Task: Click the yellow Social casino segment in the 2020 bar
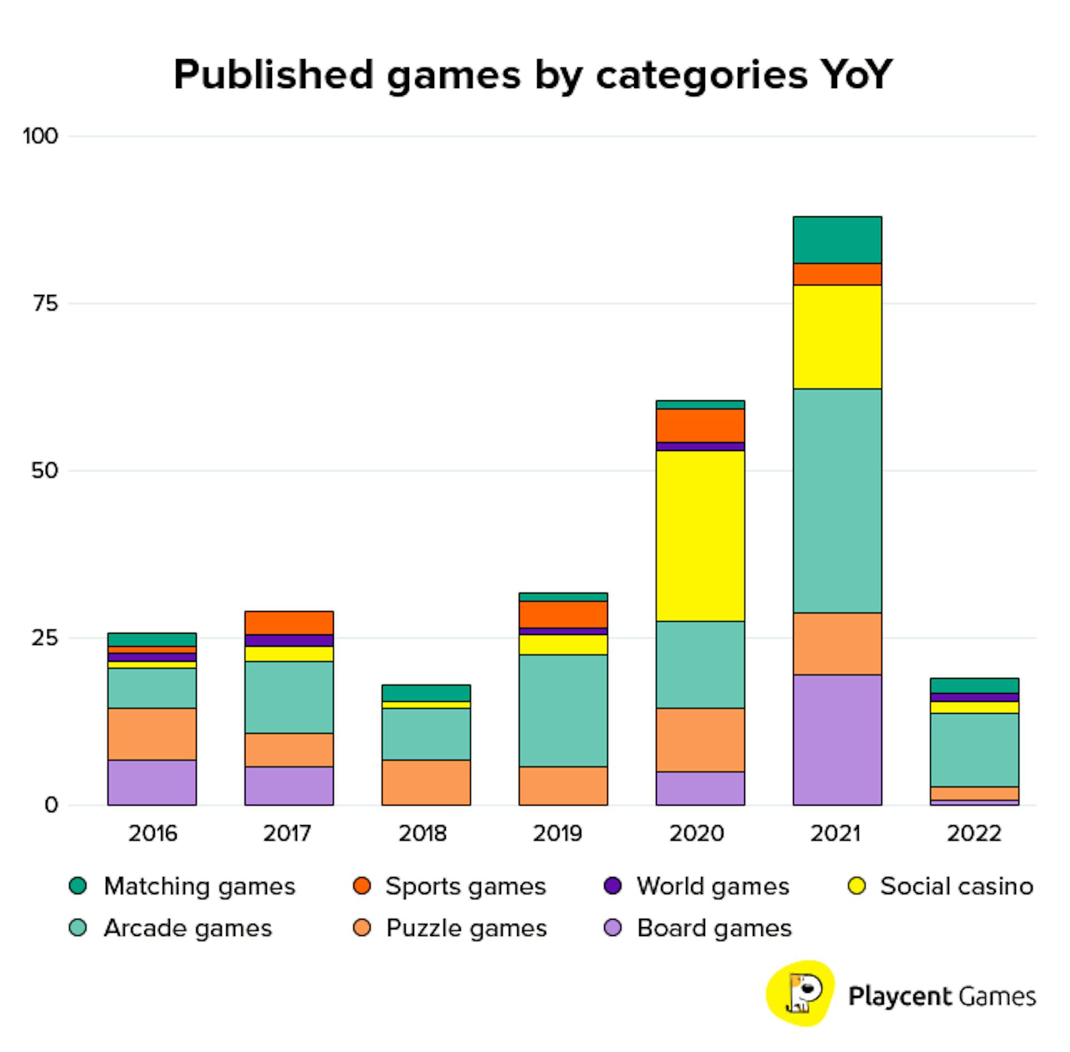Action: point(700,535)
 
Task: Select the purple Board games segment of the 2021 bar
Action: point(837,739)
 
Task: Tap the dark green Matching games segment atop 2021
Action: point(837,240)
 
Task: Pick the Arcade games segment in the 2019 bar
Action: point(563,710)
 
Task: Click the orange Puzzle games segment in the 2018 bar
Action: point(426,782)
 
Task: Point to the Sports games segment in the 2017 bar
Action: point(289,623)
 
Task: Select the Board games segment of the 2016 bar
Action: point(152,782)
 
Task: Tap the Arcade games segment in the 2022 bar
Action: point(974,750)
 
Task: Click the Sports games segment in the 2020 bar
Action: point(700,425)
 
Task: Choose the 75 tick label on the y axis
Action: point(45,304)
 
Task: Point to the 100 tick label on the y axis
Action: point(40,136)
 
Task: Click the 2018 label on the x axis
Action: point(422,833)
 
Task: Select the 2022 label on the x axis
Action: point(974,833)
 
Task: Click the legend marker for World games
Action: point(613,886)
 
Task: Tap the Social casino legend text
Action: point(956,886)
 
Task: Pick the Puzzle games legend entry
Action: point(466,928)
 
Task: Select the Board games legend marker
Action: point(613,928)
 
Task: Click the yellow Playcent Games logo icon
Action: point(800,994)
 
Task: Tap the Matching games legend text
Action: point(200,886)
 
